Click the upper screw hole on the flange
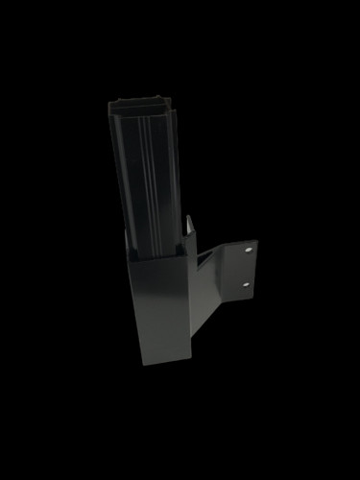click(249, 251)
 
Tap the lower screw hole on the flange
click(247, 284)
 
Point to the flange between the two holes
click(248, 268)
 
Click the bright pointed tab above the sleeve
click(189, 225)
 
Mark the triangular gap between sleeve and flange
click(204, 254)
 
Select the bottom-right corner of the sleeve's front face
click(190, 365)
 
